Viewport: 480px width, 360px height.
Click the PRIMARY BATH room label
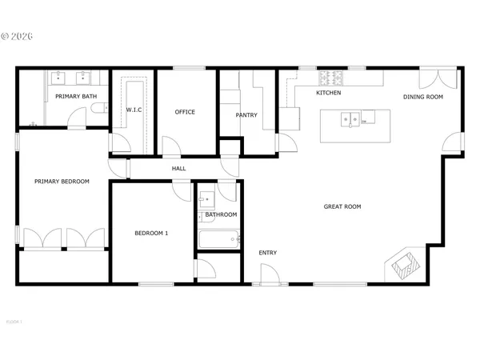[76, 97]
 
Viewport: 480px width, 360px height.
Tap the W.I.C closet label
[134, 110]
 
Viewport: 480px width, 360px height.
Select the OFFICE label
[185, 112]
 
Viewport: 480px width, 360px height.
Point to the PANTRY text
[246, 115]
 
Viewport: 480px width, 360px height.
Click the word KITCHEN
[329, 94]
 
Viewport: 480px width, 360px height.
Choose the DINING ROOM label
[422, 97]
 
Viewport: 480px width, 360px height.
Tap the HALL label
[178, 169]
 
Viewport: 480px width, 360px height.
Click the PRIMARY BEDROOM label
[62, 182]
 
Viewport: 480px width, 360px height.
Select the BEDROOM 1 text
[150, 233]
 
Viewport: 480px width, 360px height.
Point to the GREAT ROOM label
[342, 206]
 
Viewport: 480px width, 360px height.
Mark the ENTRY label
[267, 254]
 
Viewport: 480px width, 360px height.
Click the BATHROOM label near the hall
[221, 214]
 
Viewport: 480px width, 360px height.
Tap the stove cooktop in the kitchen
[330, 78]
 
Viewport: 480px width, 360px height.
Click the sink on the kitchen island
[350, 121]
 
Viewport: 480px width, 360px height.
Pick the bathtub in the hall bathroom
[217, 238]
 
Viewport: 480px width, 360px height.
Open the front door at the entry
[269, 276]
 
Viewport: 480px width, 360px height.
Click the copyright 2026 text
[18, 36]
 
